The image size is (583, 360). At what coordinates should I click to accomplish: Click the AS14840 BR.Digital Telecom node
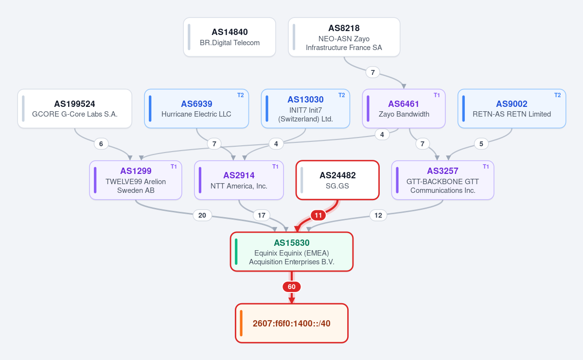point(230,37)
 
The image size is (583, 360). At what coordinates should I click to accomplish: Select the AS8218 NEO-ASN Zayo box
point(344,37)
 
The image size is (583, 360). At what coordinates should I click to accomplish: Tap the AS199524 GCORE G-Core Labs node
point(75,108)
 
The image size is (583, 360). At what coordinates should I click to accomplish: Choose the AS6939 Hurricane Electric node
point(196,108)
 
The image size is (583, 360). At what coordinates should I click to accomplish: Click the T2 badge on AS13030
point(341,95)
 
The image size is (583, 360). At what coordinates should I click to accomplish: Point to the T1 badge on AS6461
point(437,95)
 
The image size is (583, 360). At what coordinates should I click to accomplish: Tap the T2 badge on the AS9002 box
point(557,95)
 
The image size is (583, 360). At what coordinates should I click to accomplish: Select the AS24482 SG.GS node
point(337,180)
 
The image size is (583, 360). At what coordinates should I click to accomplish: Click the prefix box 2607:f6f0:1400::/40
point(292,323)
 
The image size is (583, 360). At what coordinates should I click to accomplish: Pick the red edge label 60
point(292,287)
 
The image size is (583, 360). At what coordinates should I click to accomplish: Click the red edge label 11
point(318,215)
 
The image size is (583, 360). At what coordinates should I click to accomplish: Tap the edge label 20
point(202,215)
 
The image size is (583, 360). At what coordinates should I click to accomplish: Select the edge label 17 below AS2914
point(262,215)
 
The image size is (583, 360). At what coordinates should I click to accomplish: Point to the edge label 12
point(378,215)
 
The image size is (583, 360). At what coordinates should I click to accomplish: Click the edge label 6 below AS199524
point(101,144)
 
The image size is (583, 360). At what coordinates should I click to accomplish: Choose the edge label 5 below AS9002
point(481,144)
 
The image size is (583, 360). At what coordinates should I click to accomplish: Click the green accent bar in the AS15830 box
point(236,252)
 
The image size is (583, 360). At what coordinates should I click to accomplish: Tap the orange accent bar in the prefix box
point(241,323)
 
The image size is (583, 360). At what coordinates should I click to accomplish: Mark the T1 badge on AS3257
point(486,167)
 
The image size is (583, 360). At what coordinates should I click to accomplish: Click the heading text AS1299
point(136,171)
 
